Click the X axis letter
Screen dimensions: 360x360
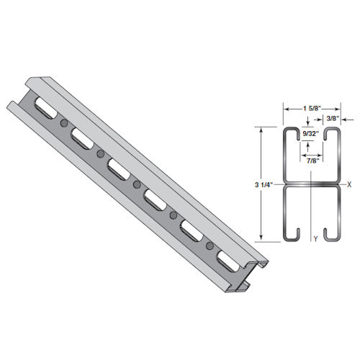click(x=348, y=184)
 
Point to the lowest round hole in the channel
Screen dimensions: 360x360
click(x=210, y=246)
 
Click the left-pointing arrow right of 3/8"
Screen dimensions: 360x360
click(x=343, y=120)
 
